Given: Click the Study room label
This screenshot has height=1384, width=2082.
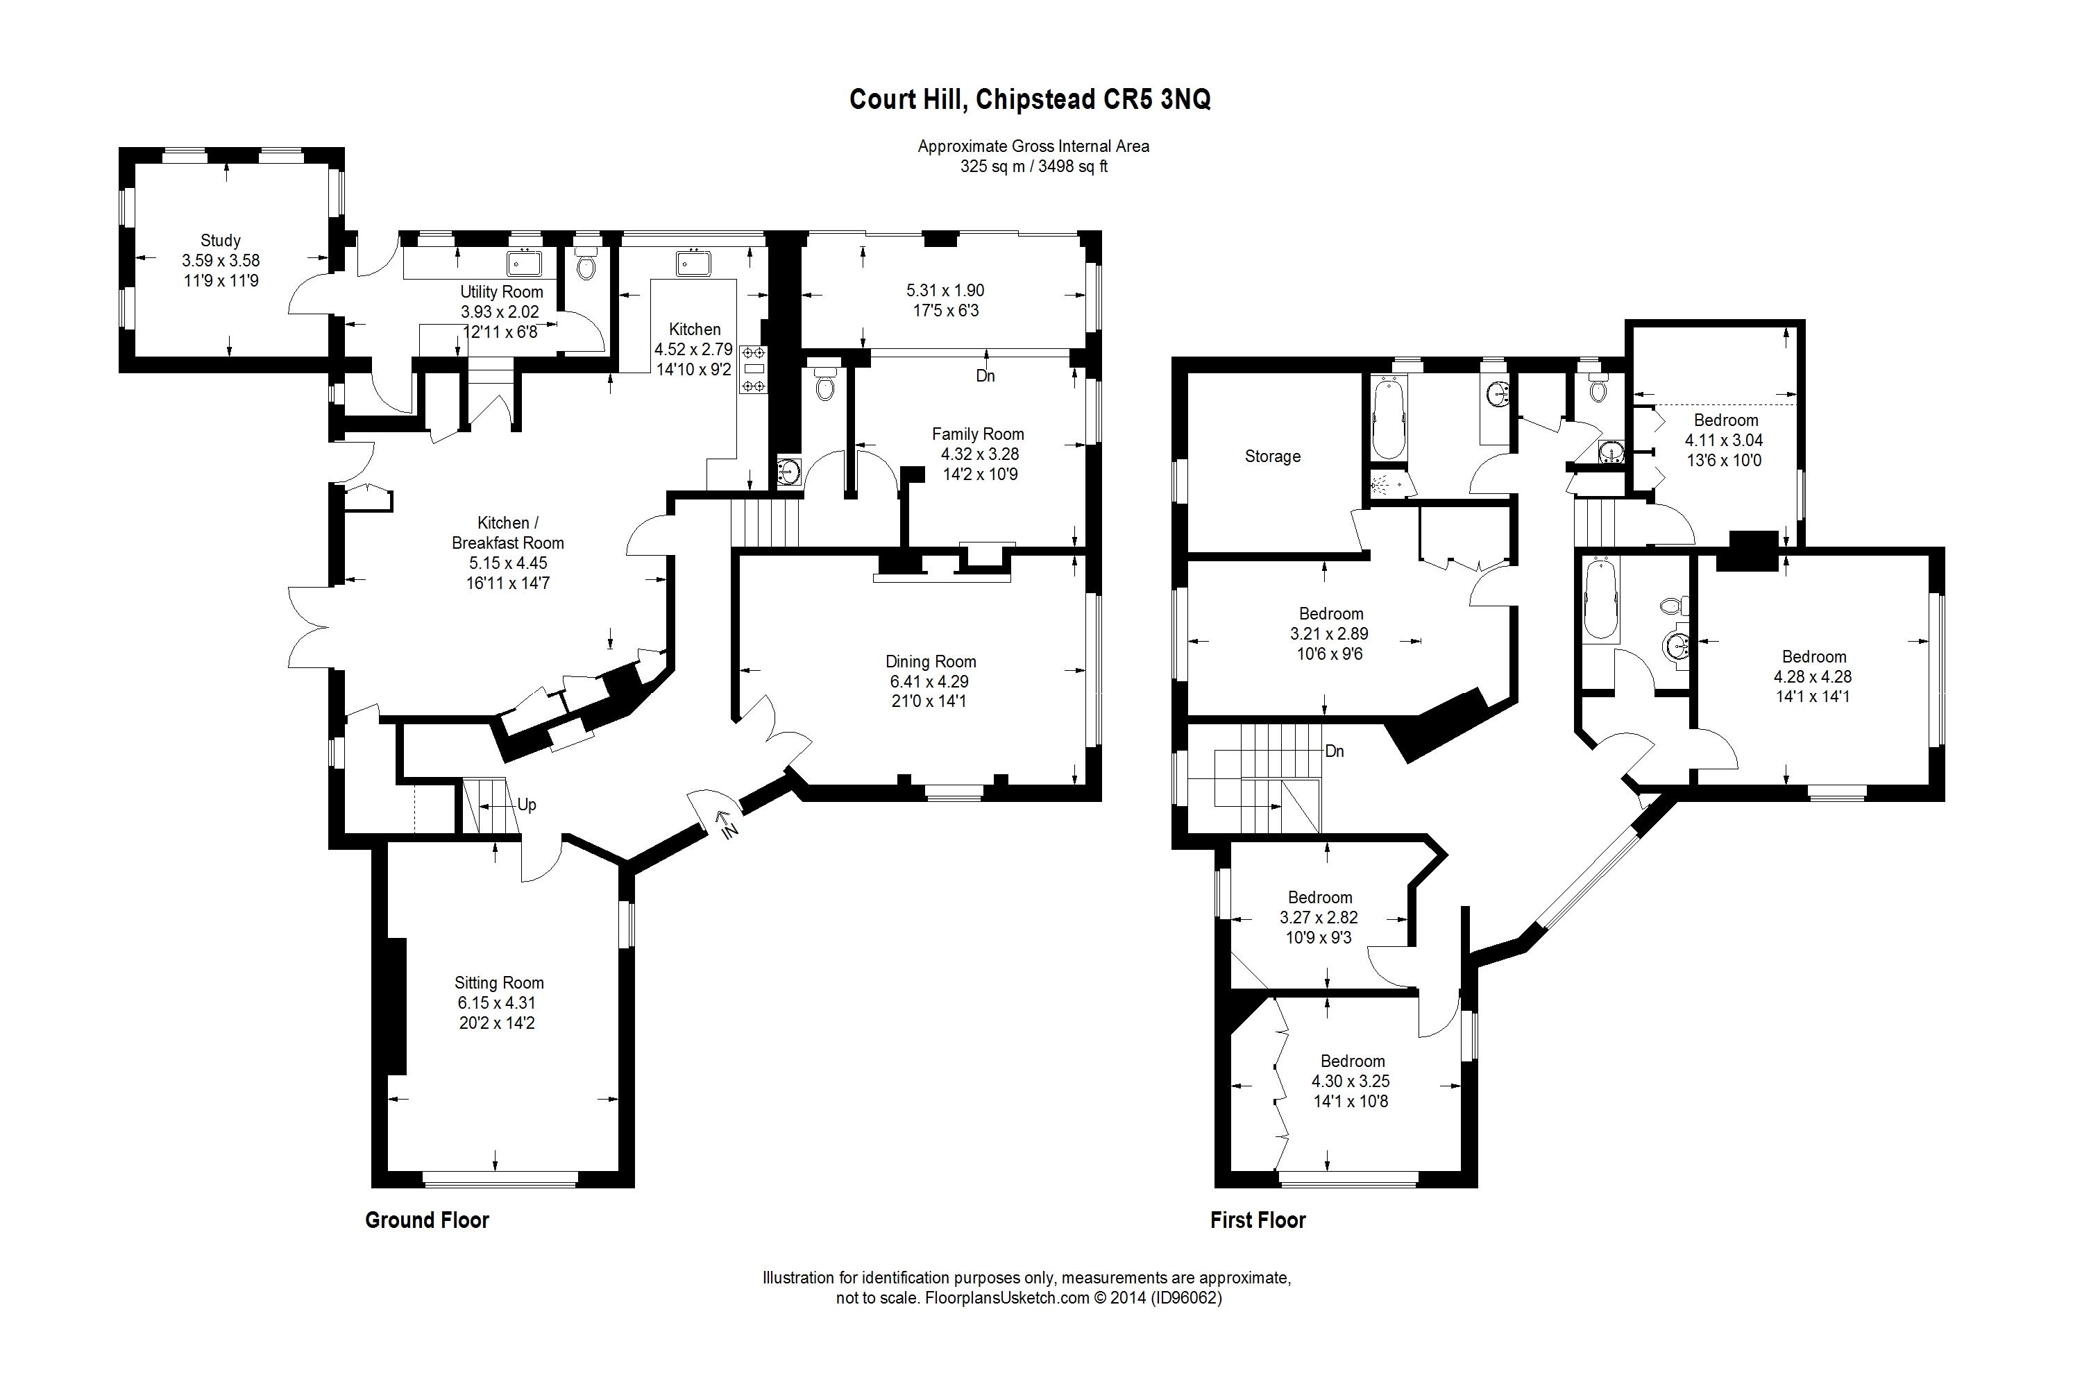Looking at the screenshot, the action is coord(220,240).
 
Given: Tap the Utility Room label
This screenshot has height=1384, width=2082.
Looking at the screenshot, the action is coord(502,291).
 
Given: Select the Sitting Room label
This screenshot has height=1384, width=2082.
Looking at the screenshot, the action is coord(499,982).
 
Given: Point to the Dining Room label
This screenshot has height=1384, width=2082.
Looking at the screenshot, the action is coord(931,661).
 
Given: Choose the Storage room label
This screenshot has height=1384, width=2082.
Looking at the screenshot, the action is coord(1272,456).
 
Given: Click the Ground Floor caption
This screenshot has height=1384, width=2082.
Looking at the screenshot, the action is coord(427,1220).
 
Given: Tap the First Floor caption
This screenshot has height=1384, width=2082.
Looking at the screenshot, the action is coord(1258,1220).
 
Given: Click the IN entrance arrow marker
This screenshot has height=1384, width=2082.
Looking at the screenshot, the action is coord(726,823).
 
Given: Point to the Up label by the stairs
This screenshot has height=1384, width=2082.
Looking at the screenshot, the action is coord(526,804).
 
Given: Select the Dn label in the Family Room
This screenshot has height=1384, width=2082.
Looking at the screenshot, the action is coord(985,375).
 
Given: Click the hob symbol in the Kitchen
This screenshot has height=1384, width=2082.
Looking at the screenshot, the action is coord(754,369).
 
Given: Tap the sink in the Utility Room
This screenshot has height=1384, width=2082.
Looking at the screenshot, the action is coord(525,263).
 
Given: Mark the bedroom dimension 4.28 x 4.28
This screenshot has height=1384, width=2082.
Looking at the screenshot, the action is coord(1813,676).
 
